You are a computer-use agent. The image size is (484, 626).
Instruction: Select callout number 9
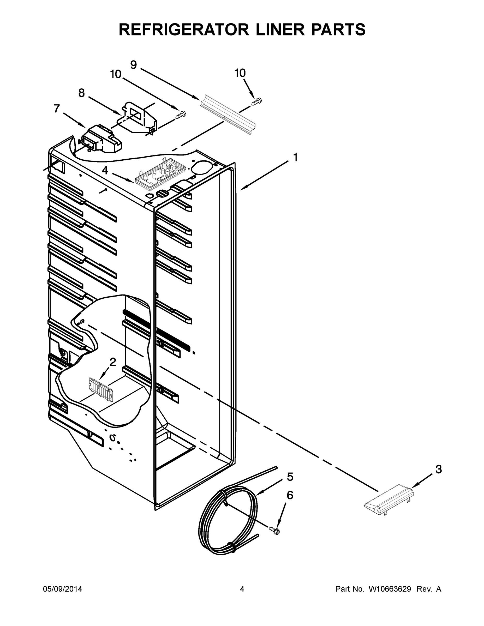[133, 65]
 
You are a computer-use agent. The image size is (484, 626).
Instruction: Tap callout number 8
[81, 93]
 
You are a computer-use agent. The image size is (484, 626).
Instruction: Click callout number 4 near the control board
[105, 171]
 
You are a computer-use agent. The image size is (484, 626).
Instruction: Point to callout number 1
[295, 157]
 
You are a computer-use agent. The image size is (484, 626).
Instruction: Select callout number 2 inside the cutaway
[113, 362]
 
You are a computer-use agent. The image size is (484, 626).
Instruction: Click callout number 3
[438, 469]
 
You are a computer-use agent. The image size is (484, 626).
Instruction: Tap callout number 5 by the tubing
[290, 477]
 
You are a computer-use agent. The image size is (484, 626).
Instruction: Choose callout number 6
[290, 495]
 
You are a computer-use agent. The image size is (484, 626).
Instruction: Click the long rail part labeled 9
[228, 115]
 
